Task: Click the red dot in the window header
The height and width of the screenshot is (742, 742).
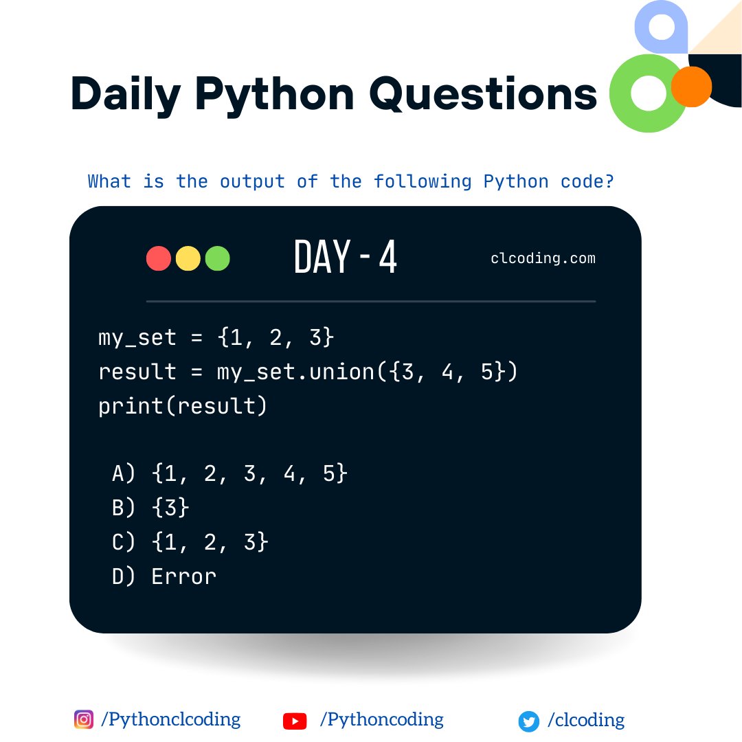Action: [159, 258]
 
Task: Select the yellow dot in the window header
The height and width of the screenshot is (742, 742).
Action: [188, 258]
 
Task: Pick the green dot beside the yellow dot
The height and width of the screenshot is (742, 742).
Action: [218, 258]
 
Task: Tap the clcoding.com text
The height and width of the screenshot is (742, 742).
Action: [543, 259]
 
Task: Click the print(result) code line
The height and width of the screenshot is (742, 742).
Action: [182, 406]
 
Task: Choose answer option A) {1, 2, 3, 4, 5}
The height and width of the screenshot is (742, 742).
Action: [229, 473]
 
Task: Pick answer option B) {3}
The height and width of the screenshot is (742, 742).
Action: [150, 508]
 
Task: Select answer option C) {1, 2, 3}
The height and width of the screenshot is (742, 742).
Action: [190, 542]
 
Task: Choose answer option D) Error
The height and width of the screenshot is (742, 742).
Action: [164, 576]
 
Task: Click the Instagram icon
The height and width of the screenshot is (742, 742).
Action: [83, 719]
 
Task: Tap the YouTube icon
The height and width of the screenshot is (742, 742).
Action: [295, 721]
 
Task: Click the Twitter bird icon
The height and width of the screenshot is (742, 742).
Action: [528, 721]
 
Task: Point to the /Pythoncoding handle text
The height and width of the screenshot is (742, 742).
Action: [381, 719]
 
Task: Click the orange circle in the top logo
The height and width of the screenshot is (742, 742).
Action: [691, 87]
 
